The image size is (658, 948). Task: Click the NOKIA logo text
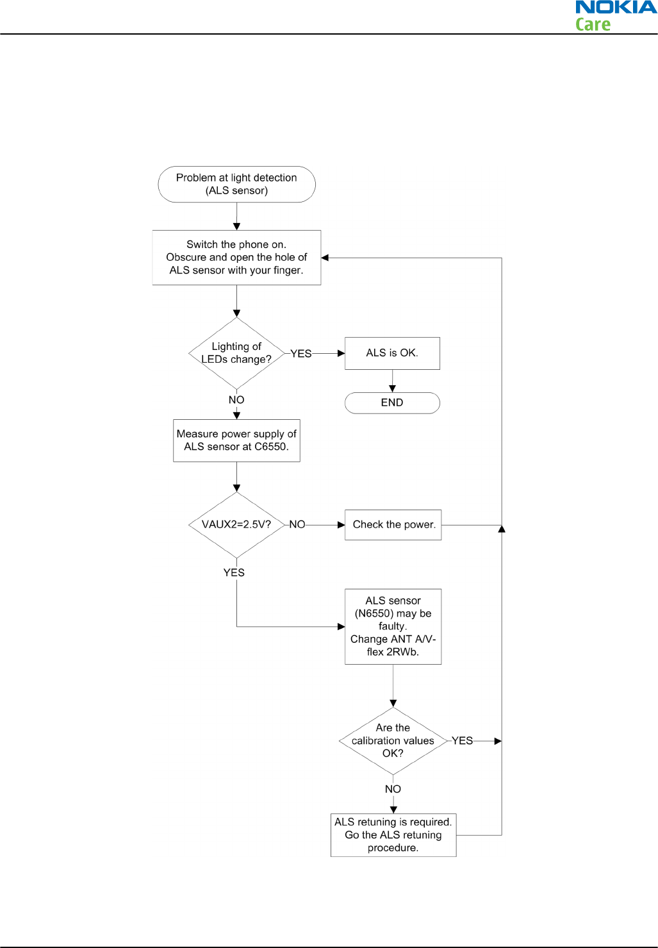click(x=616, y=7)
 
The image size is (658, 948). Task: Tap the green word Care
click(x=593, y=24)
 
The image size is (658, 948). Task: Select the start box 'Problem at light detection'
click(x=236, y=184)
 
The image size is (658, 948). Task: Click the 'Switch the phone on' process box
click(x=236, y=257)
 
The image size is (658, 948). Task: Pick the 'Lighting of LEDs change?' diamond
click(x=236, y=353)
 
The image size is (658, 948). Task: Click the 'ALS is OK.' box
click(x=392, y=353)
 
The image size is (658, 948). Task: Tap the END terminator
click(x=392, y=403)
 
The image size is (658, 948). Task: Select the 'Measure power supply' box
click(x=236, y=440)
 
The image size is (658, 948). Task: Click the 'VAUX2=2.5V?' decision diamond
click(x=236, y=525)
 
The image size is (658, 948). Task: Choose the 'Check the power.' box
click(x=393, y=525)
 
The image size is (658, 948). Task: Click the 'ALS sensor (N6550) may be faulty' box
click(x=393, y=626)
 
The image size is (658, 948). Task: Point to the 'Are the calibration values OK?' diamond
click(x=393, y=740)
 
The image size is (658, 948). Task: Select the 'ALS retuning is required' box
click(x=393, y=835)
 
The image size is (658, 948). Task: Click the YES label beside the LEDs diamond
click(x=301, y=353)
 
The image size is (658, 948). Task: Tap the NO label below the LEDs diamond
click(x=236, y=399)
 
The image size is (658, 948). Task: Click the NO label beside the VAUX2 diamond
click(x=297, y=524)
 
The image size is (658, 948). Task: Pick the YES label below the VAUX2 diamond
click(x=234, y=572)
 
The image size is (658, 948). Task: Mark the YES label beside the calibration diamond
click(x=462, y=740)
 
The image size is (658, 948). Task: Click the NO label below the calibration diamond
click(x=393, y=789)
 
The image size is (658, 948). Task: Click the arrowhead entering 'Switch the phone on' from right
click(x=325, y=258)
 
